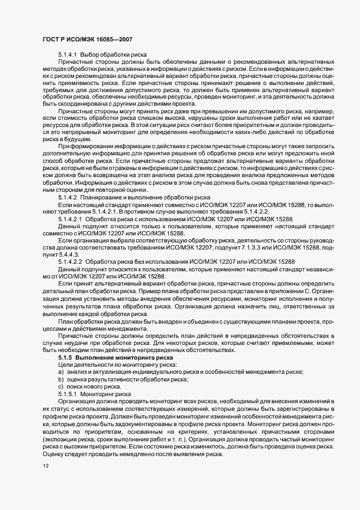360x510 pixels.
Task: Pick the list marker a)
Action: (61, 371)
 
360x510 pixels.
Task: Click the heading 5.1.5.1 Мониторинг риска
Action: (91, 392)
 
